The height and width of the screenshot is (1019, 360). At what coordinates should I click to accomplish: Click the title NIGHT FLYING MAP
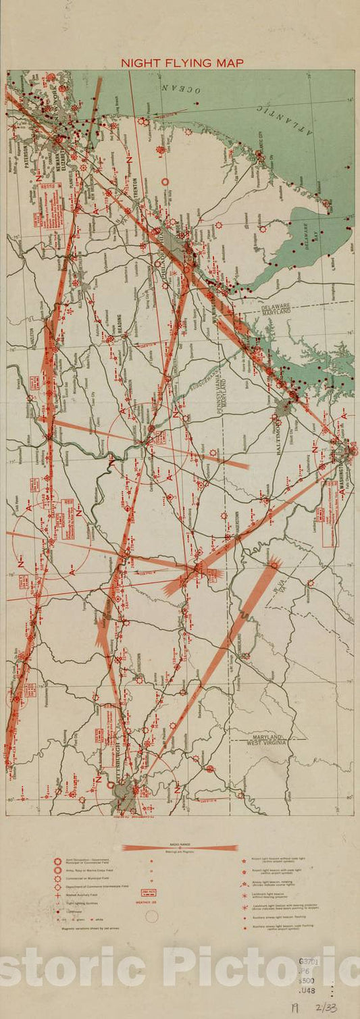tap(182, 63)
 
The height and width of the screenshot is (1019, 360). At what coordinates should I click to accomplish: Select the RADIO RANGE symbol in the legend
tap(180, 847)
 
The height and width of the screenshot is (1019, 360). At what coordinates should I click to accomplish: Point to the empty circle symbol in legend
tap(152, 916)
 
